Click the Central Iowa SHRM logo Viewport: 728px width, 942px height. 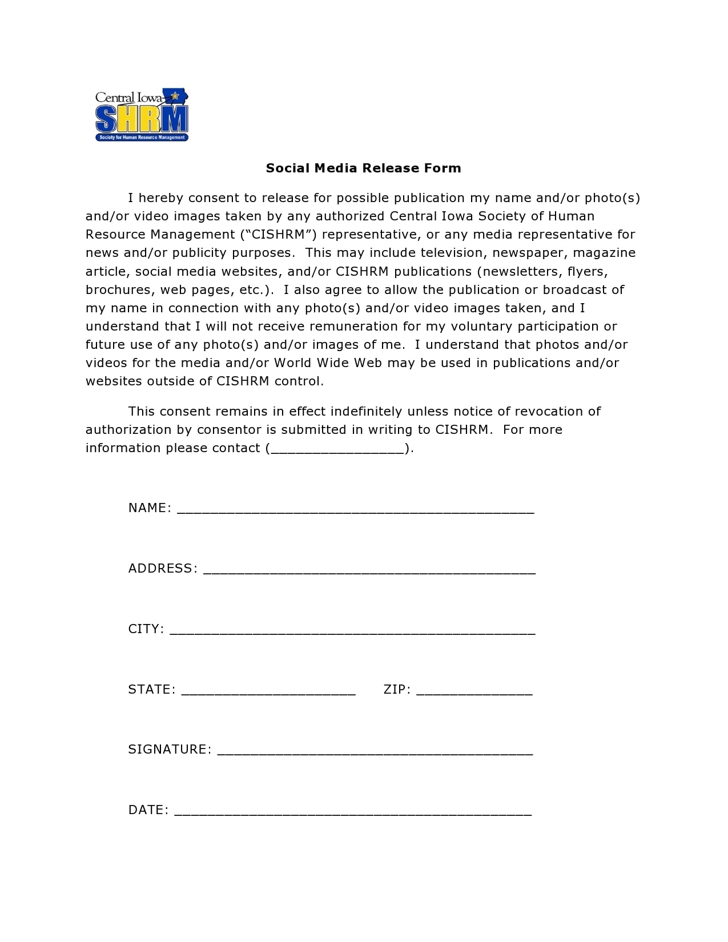click(x=142, y=115)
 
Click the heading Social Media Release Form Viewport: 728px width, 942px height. click(x=363, y=168)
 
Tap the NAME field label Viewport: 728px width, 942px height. click(x=149, y=508)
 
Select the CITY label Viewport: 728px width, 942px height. click(x=146, y=629)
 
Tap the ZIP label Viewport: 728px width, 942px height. click(x=397, y=690)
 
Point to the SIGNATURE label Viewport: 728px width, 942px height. click(x=170, y=750)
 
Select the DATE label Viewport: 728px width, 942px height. click(x=148, y=810)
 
